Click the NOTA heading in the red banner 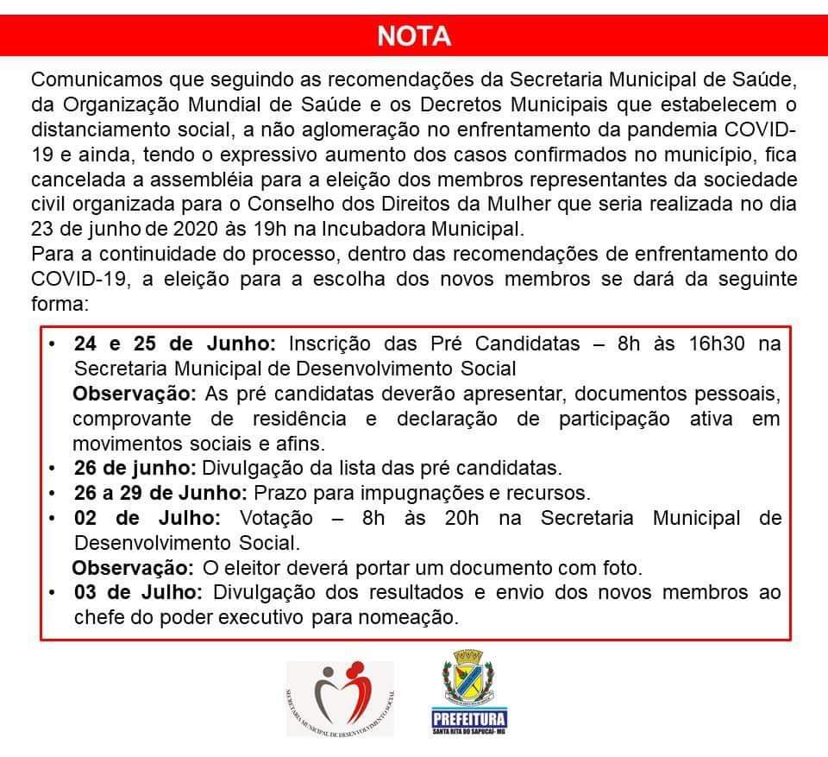[413, 36]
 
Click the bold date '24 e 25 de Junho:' [175, 344]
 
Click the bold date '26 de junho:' [135, 469]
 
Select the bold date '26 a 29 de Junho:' [161, 494]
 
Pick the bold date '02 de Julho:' [147, 519]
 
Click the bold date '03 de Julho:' [138, 593]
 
